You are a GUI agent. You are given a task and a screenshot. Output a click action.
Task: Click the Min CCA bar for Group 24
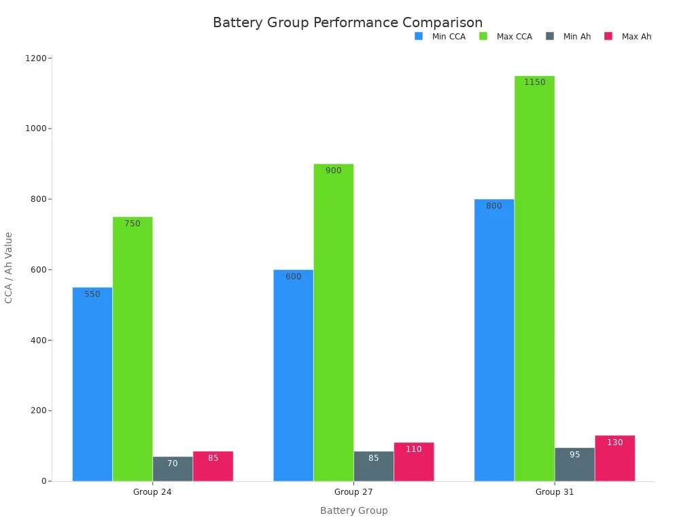click(x=92, y=384)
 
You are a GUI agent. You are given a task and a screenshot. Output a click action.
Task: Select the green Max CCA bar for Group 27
click(x=333, y=323)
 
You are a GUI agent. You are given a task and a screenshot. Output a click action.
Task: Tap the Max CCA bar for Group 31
click(x=534, y=279)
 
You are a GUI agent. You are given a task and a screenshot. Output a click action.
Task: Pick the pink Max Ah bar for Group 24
click(x=213, y=469)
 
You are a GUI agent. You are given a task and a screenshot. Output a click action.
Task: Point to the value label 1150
click(x=534, y=82)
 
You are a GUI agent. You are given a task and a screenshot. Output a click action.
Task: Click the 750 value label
click(x=133, y=224)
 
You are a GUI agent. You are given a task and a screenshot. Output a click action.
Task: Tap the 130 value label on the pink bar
click(x=614, y=442)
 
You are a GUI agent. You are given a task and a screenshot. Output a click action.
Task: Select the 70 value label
click(x=173, y=464)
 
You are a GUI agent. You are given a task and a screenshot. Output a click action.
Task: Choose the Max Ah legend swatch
click(x=608, y=36)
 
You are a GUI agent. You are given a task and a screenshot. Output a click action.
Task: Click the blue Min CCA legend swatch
click(x=419, y=36)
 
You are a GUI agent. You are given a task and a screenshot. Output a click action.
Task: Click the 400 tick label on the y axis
click(x=38, y=340)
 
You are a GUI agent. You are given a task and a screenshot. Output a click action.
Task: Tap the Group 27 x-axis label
click(x=353, y=492)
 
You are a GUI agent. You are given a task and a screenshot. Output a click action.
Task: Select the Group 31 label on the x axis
click(x=555, y=492)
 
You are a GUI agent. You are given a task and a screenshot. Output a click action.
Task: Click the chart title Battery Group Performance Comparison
click(x=347, y=23)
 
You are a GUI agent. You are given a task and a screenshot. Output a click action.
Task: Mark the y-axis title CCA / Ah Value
click(x=9, y=267)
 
